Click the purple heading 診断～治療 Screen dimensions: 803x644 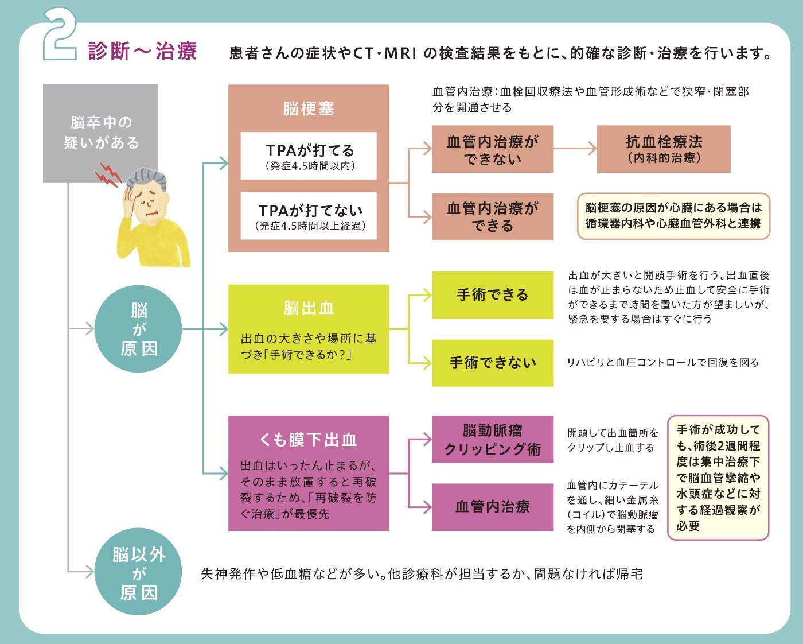(x=143, y=51)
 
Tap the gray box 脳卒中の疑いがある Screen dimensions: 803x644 (x=100, y=133)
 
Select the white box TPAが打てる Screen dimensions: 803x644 (x=309, y=156)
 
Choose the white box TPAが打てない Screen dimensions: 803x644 (x=309, y=216)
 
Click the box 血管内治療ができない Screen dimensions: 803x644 (x=493, y=149)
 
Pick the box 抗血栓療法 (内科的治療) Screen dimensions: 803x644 (x=664, y=149)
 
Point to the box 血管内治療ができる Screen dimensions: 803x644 (x=493, y=216)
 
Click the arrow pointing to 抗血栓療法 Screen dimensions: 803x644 (x=575, y=149)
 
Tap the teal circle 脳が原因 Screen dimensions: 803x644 (x=138, y=329)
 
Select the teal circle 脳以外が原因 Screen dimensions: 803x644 (x=138, y=572)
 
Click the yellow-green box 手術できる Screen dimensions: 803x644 (x=493, y=295)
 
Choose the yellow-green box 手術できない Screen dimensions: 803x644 (x=493, y=363)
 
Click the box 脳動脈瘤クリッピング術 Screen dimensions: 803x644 (x=493, y=439)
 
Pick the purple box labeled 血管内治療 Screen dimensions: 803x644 (x=493, y=507)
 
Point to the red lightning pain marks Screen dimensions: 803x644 (x=107, y=174)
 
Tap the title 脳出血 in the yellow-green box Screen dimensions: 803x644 (x=309, y=309)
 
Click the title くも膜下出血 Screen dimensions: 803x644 (x=309, y=440)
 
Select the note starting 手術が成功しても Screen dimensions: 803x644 (x=718, y=478)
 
